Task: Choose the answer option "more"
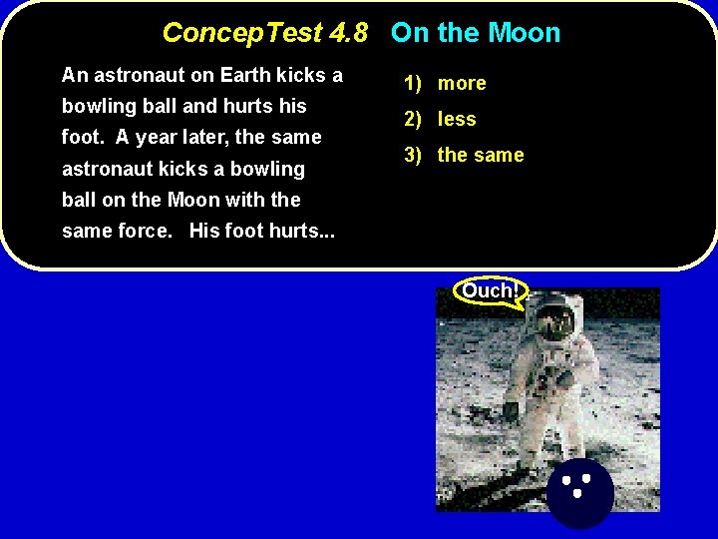coord(462,84)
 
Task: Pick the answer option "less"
coord(457,120)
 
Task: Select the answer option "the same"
coord(481,156)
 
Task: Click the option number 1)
coord(415,84)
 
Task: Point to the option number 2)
coord(415,120)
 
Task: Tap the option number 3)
coord(415,156)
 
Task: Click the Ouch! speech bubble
coord(490,291)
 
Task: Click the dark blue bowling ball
coord(580,493)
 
